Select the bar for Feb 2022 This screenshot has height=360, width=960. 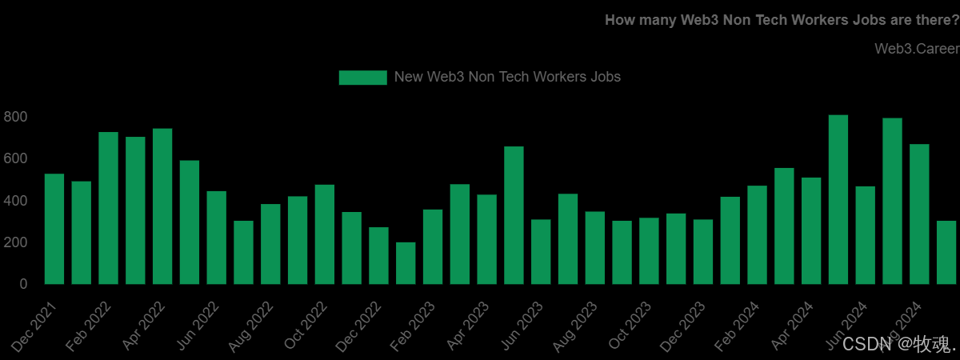pyautogui.click(x=109, y=208)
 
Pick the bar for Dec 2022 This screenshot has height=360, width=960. pyautogui.click(x=379, y=255)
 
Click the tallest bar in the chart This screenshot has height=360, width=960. pyautogui.click(x=838, y=199)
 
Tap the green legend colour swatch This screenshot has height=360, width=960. pyautogui.click(x=362, y=78)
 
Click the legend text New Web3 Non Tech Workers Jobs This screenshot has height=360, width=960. pyautogui.click(x=507, y=78)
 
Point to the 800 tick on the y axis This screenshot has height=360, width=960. pyautogui.click(x=15, y=117)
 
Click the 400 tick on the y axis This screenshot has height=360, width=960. pyautogui.click(x=15, y=201)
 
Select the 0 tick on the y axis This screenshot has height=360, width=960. pyautogui.click(x=23, y=284)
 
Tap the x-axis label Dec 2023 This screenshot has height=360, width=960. pyautogui.click(x=683, y=327)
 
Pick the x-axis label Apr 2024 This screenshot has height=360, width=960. pyautogui.click(x=791, y=327)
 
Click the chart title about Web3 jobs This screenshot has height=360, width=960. pyautogui.click(x=782, y=20)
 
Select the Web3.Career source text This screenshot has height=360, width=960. pyautogui.click(x=916, y=50)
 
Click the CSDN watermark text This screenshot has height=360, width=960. pyautogui.click(x=887, y=345)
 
